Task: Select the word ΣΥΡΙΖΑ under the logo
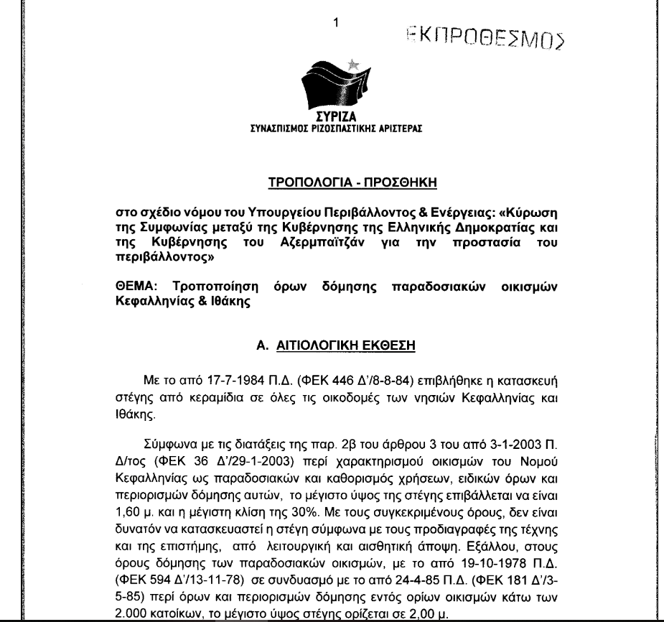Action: point(332,122)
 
